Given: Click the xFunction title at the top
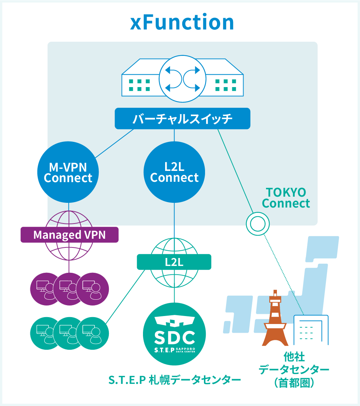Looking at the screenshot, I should [x=182, y=22].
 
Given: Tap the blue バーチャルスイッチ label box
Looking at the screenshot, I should [x=183, y=119].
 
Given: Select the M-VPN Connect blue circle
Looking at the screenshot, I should [x=68, y=172].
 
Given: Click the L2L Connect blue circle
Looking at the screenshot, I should [x=174, y=172].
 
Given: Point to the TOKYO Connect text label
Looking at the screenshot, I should [x=286, y=198].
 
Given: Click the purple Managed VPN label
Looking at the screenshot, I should [x=69, y=235].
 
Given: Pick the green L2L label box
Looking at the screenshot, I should [x=174, y=262].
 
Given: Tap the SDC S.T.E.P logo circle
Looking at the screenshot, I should [x=175, y=334].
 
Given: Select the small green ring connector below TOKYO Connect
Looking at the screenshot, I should [x=258, y=223].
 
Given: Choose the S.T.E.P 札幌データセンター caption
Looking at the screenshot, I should [x=175, y=380].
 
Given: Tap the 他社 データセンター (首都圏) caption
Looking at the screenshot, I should [x=294, y=370].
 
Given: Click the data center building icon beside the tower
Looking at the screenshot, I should [x=311, y=330].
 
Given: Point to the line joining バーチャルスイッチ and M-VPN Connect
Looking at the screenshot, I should [x=114, y=143].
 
